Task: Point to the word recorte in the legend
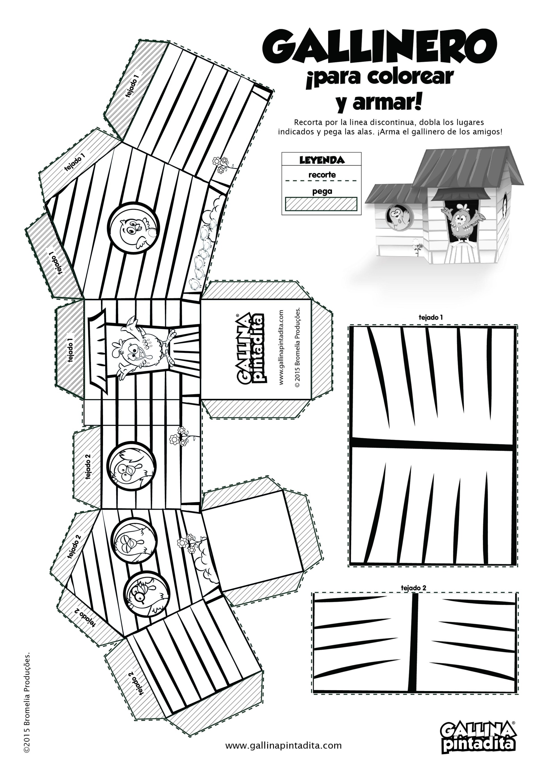click(x=322, y=175)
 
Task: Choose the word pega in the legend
click(x=322, y=191)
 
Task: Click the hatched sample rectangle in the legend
click(x=321, y=204)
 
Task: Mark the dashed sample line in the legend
click(x=321, y=181)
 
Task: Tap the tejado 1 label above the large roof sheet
click(x=431, y=317)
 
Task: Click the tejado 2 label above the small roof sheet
click(x=413, y=588)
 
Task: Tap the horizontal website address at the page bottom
click(x=283, y=755)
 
